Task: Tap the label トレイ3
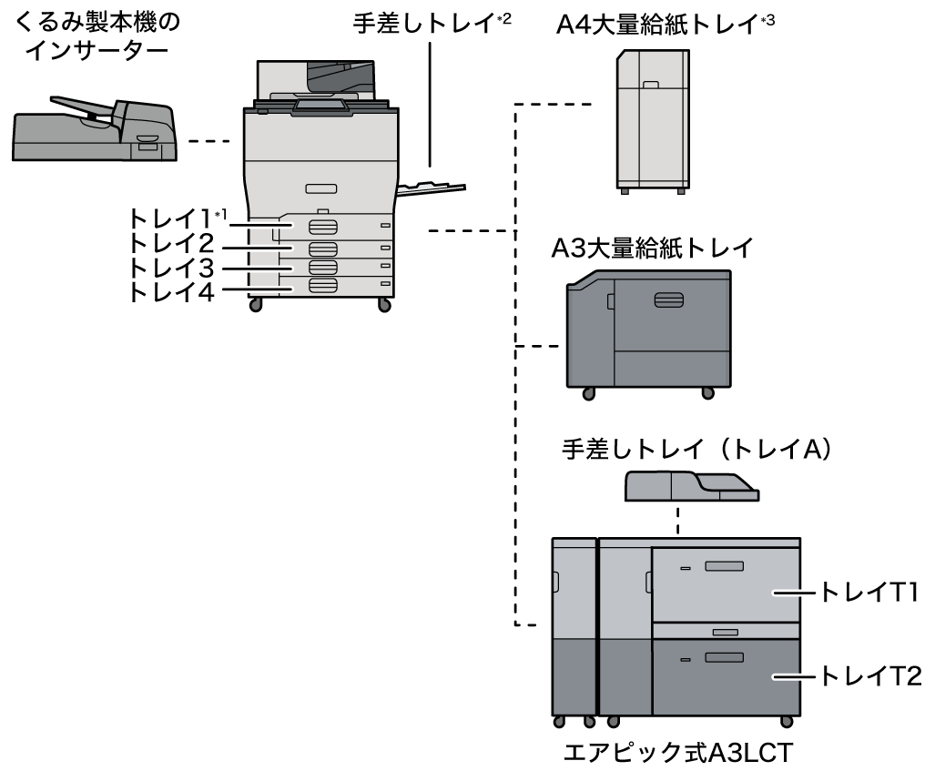(x=171, y=269)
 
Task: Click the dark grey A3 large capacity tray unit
(x=648, y=332)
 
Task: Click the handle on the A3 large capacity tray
(x=667, y=300)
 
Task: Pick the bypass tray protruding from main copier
(x=432, y=188)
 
